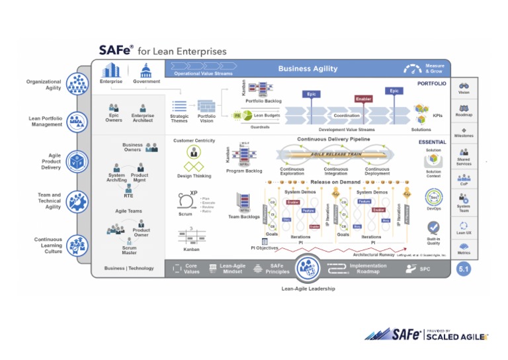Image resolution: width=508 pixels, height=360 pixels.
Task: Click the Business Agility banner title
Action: pyautogui.click(x=308, y=69)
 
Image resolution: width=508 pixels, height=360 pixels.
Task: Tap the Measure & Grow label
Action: pyautogui.click(x=435, y=69)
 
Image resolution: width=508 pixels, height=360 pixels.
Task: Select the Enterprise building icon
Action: pyautogui.click(x=110, y=69)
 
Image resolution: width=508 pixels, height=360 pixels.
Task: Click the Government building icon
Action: pyautogui.click(x=146, y=70)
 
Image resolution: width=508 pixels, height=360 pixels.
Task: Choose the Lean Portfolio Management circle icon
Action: pyautogui.click(x=77, y=120)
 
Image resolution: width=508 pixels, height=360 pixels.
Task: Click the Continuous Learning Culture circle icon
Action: pyautogui.click(x=77, y=244)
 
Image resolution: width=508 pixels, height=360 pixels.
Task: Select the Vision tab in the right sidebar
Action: pyautogui.click(x=464, y=87)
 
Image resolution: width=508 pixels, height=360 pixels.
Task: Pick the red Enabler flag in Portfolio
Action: pyautogui.click(x=363, y=99)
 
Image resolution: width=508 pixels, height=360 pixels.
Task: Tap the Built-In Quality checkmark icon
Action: pyautogui.click(x=434, y=228)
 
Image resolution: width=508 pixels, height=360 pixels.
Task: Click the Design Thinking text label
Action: pyautogui.click(x=193, y=176)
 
